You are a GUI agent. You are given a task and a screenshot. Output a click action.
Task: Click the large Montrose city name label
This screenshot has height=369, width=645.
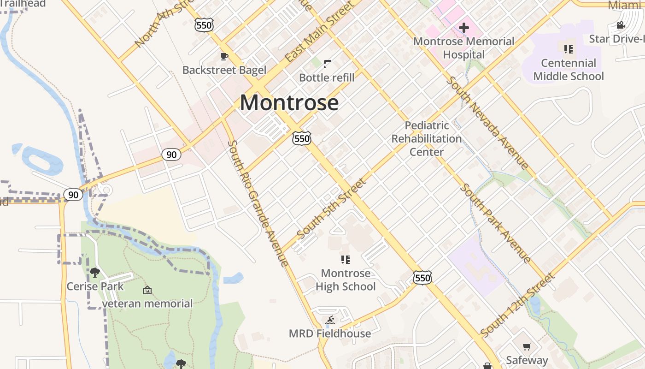pos(289,102)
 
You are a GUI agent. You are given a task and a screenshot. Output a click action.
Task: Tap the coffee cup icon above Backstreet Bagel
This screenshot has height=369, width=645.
pos(224,57)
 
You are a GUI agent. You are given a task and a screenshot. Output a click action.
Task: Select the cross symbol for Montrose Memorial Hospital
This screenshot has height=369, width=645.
pos(463,28)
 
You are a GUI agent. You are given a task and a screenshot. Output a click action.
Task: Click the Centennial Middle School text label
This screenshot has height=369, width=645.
pos(568,70)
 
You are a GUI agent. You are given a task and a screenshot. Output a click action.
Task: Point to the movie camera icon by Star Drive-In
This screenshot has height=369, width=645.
pos(621,25)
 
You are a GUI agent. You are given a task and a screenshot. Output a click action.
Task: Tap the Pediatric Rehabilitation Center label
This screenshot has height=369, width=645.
pos(427,138)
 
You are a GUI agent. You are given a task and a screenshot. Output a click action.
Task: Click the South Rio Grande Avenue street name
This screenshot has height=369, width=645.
pos(258,203)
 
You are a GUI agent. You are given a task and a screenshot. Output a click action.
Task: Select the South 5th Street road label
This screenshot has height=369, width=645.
pos(332,209)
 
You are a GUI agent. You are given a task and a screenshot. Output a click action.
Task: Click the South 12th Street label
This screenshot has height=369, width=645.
pos(517,305)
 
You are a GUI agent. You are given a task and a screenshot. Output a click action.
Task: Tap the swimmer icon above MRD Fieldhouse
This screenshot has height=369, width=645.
pos(330,320)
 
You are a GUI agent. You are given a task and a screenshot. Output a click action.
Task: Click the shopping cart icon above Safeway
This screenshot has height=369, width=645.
pos(527,346)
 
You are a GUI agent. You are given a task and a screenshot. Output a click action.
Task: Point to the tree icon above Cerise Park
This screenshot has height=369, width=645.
pos(95,273)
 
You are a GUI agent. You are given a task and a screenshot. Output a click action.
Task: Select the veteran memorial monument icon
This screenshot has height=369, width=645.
pos(147,290)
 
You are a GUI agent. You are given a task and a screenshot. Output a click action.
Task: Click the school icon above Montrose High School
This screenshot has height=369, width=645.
pos(346,260)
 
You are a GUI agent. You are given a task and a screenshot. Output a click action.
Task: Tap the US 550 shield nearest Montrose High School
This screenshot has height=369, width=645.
pos(422,278)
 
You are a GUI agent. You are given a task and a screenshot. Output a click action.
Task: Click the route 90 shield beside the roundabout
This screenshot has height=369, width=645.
pos(73,195)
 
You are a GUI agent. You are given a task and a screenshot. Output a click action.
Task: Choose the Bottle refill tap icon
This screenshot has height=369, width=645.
pos(327,64)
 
